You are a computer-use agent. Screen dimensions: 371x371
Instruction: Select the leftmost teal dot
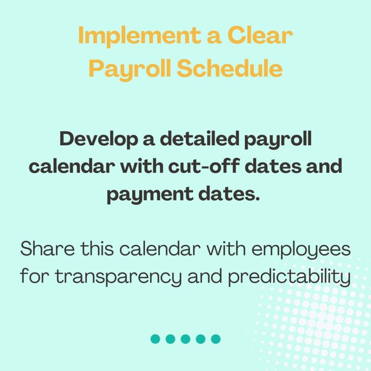pos(155,339)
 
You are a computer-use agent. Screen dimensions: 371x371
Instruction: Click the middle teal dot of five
pos(185,339)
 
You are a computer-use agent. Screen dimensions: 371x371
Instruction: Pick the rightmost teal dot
pos(216,339)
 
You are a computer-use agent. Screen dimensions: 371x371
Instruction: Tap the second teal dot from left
pos(170,339)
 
